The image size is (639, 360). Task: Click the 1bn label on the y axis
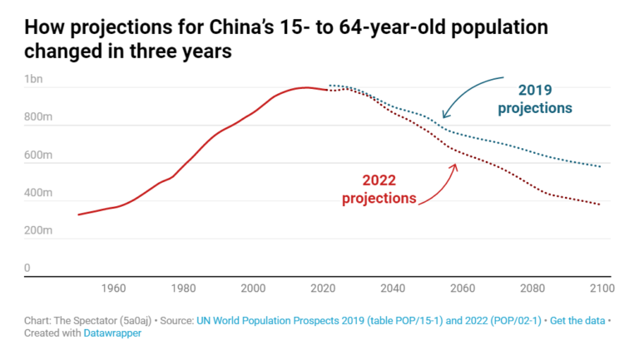(34, 79)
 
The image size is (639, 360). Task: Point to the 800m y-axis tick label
(38, 117)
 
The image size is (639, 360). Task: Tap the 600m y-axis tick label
(38, 155)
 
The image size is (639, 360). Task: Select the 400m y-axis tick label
(38, 193)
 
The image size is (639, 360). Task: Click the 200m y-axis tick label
(38, 230)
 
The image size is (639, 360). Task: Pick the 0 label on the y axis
(27, 268)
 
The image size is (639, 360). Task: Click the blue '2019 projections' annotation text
(535, 99)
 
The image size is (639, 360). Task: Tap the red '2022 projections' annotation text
(379, 189)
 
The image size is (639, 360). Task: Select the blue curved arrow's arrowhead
(445, 116)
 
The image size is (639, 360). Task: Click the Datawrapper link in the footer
(112, 333)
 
